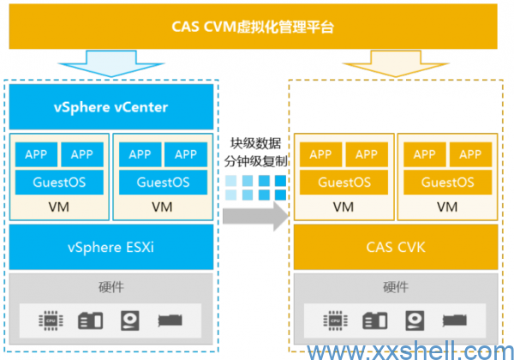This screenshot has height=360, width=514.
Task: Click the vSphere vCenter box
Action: (x=111, y=108)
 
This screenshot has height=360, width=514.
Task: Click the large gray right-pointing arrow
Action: (x=256, y=214)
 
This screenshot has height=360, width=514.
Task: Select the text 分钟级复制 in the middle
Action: (x=256, y=160)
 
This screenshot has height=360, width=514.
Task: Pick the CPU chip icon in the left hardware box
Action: (x=50, y=321)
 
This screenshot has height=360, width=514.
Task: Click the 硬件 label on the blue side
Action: (x=111, y=286)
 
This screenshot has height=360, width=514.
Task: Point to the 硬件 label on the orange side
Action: (x=395, y=286)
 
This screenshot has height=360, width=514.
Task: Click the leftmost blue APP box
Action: (x=36, y=154)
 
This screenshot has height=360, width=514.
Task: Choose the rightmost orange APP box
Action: (x=469, y=154)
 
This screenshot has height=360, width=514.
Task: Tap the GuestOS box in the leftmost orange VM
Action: (x=344, y=182)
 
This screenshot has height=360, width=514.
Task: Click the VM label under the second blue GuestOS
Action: (x=162, y=207)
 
